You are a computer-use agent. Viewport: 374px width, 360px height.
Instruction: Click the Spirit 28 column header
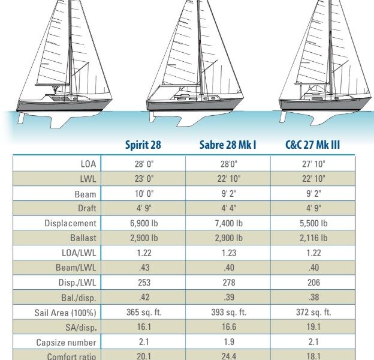pos(143,145)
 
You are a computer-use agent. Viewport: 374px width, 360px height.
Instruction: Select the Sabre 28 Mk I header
pos(227,145)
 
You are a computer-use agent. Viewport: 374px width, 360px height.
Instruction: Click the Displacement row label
pos(70,223)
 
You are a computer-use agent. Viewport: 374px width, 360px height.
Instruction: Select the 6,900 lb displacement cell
pos(143,223)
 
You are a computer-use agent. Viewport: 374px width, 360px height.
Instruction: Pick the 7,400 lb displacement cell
pos(228,223)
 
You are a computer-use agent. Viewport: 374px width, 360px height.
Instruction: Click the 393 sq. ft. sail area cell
pos(228,313)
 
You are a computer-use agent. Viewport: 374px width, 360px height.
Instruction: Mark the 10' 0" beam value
pos(143,194)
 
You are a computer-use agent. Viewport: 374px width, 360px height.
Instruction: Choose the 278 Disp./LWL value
pos(228,283)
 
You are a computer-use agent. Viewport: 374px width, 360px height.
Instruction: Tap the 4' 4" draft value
pos(228,208)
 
